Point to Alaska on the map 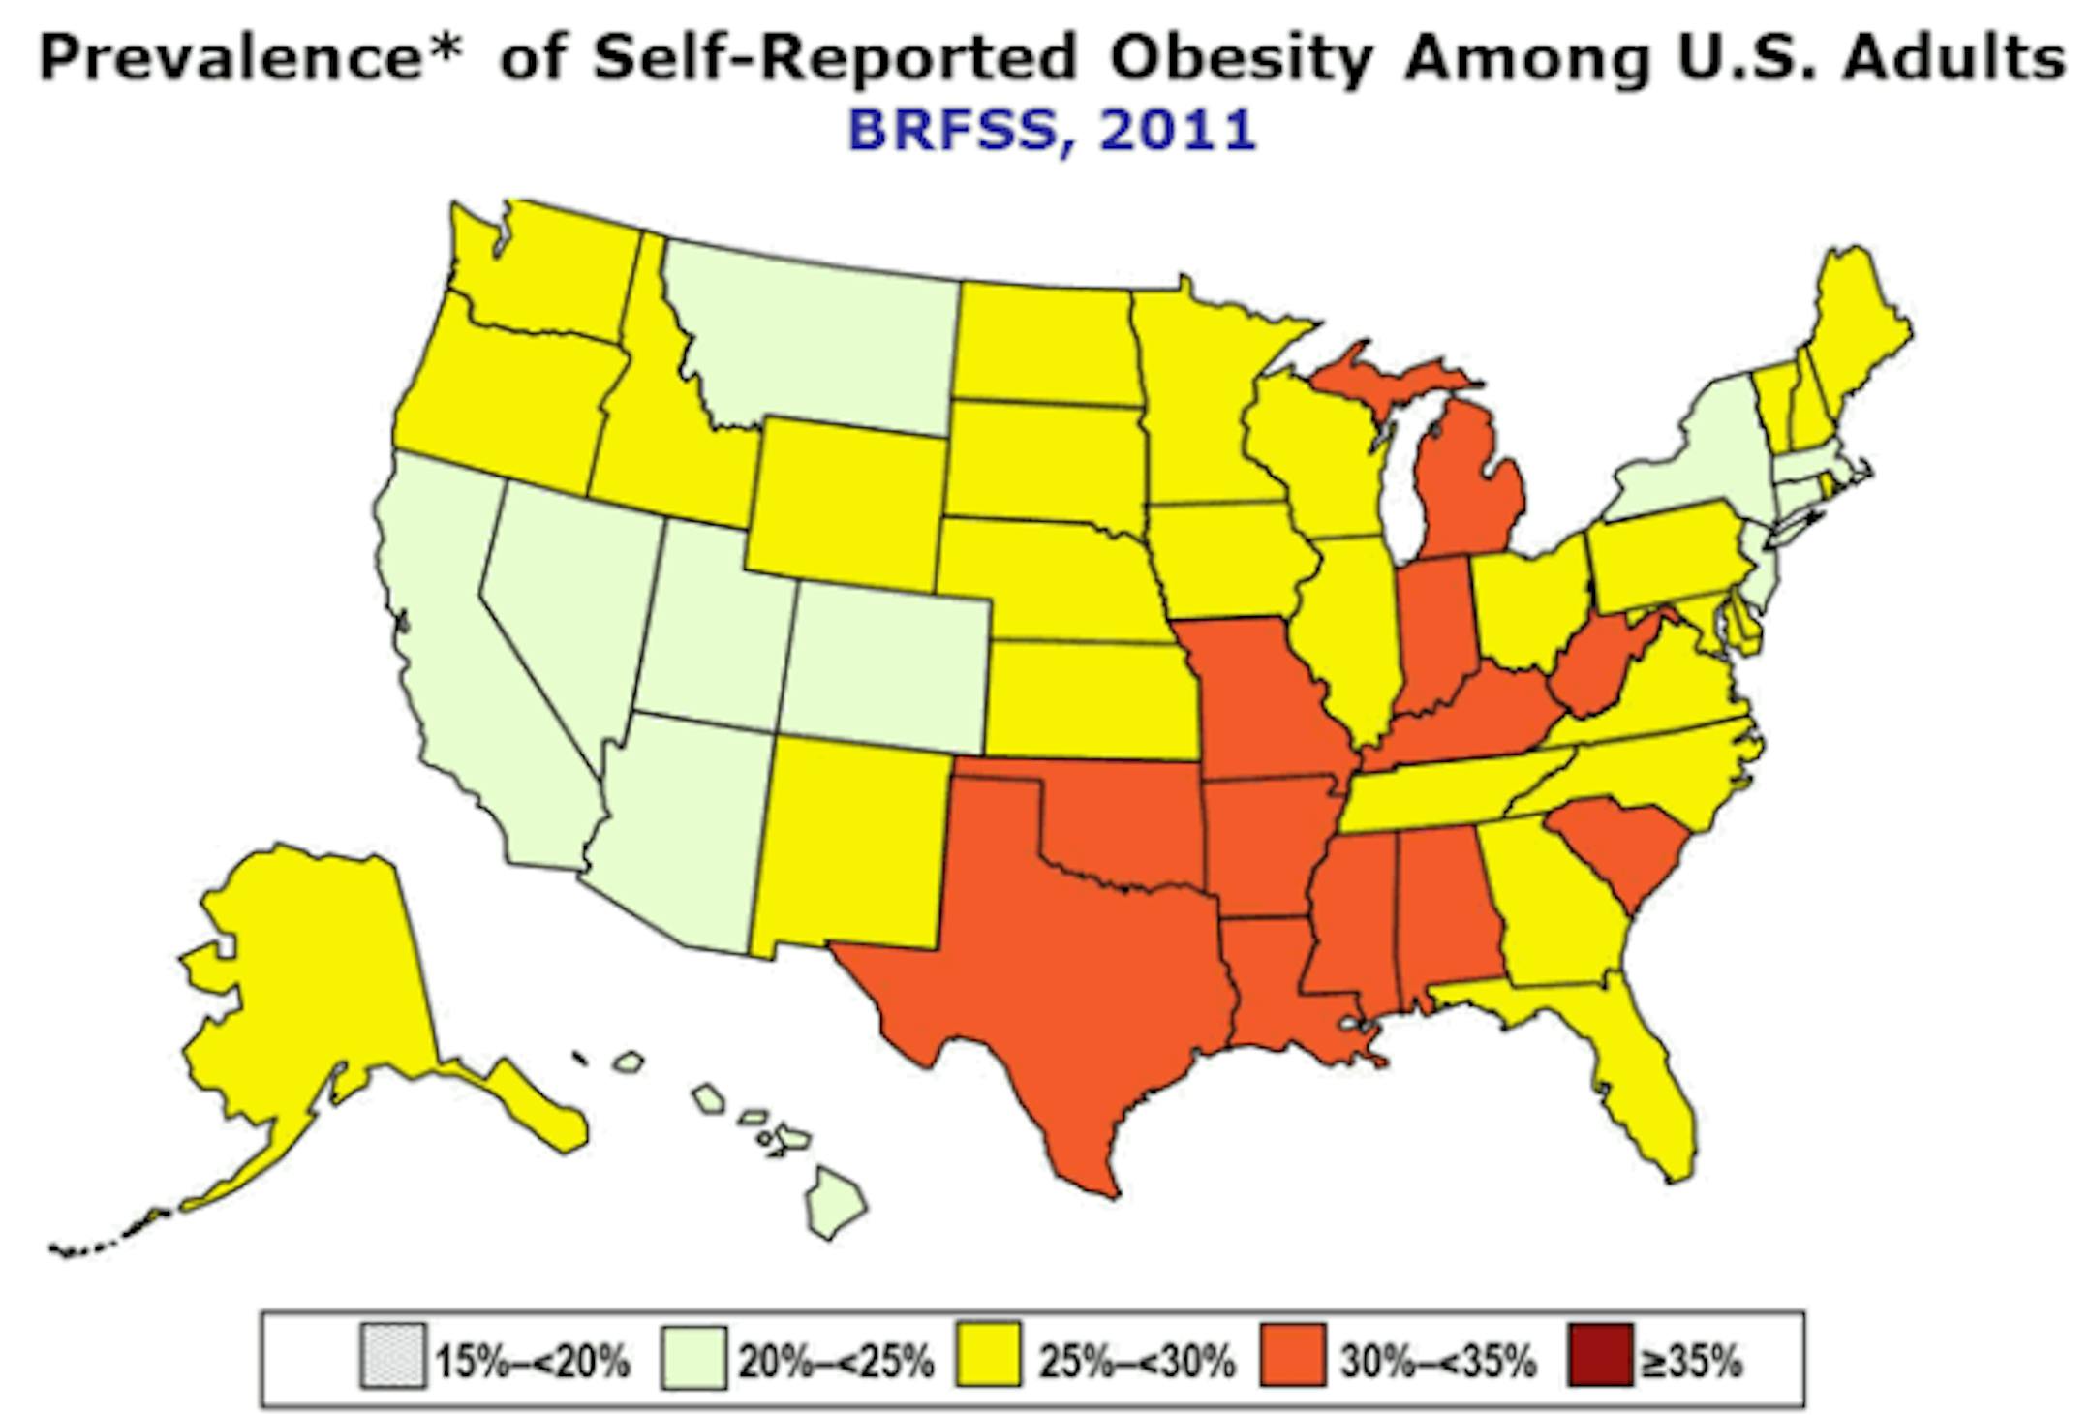tap(310, 978)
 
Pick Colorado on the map tap(886, 668)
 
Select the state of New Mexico tap(847, 843)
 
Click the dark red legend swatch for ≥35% tap(1599, 1360)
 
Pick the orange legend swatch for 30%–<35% tap(1293, 1360)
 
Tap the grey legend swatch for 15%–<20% tap(392, 1360)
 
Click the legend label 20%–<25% tap(835, 1362)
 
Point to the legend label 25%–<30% tap(1137, 1362)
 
